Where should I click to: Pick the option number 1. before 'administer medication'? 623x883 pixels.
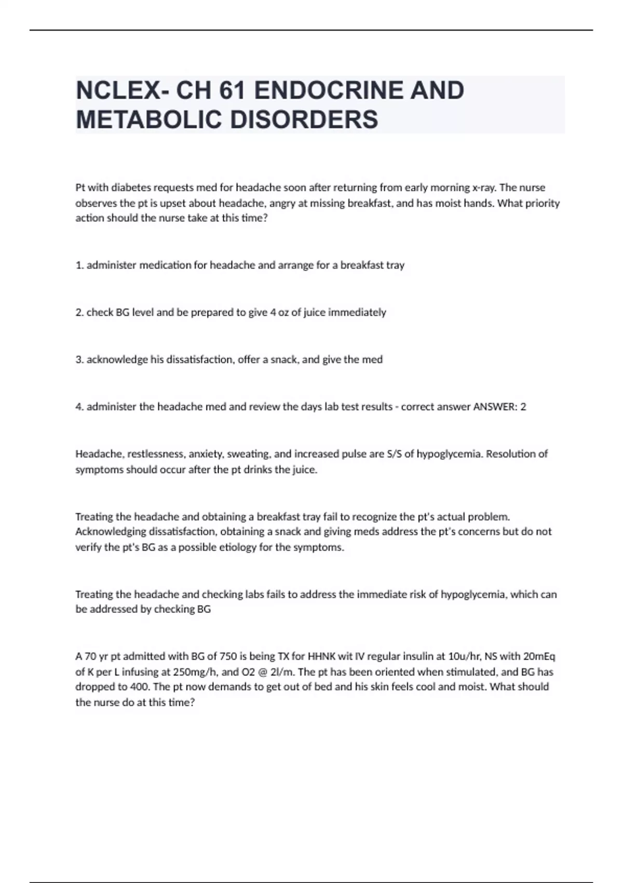pos(80,265)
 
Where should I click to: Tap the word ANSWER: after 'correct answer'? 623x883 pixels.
pos(495,407)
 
